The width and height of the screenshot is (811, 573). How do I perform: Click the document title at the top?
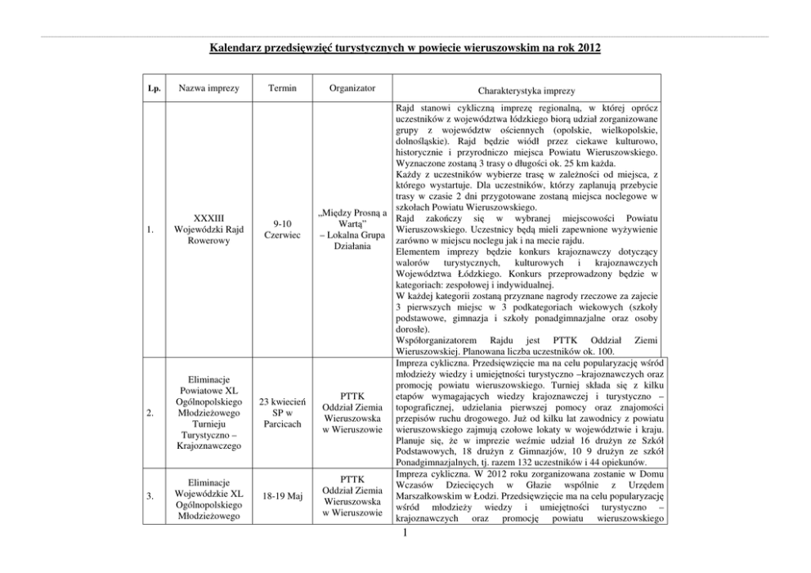(405, 49)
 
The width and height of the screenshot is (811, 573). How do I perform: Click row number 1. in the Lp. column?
(151, 231)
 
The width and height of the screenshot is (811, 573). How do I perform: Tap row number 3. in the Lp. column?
(151, 495)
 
